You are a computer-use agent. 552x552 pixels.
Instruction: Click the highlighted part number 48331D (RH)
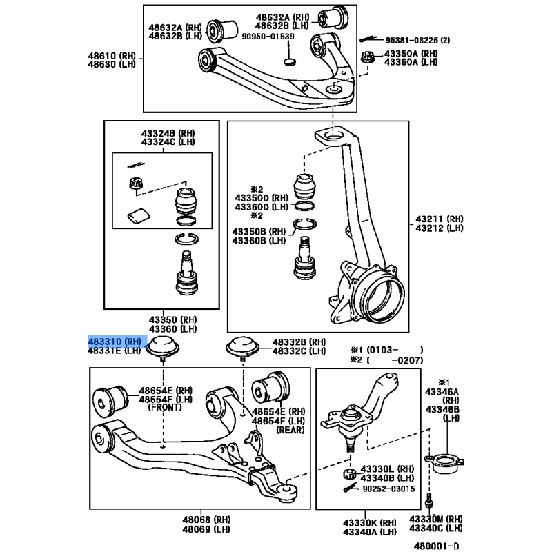click(x=115, y=342)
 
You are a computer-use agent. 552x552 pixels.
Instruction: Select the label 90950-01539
click(x=268, y=37)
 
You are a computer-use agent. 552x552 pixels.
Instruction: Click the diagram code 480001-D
click(x=437, y=546)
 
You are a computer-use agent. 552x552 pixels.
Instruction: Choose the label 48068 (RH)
click(x=206, y=520)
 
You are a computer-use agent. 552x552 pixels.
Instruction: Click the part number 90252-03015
click(x=388, y=489)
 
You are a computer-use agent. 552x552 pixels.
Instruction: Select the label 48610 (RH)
click(x=112, y=56)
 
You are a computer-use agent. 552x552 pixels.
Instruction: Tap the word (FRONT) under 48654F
click(x=165, y=407)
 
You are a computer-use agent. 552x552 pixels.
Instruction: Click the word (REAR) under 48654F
click(x=290, y=430)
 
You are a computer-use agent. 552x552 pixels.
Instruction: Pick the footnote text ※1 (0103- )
click(x=386, y=350)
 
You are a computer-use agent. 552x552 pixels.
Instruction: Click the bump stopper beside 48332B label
click(x=243, y=348)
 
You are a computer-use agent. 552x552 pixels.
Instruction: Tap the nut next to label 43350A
click(x=367, y=57)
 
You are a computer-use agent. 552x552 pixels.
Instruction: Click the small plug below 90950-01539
click(x=290, y=62)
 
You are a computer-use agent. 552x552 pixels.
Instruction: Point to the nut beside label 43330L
click(x=349, y=474)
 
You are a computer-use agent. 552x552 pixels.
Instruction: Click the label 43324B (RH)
click(x=168, y=133)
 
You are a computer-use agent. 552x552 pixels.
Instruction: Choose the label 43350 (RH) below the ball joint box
click(x=173, y=319)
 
